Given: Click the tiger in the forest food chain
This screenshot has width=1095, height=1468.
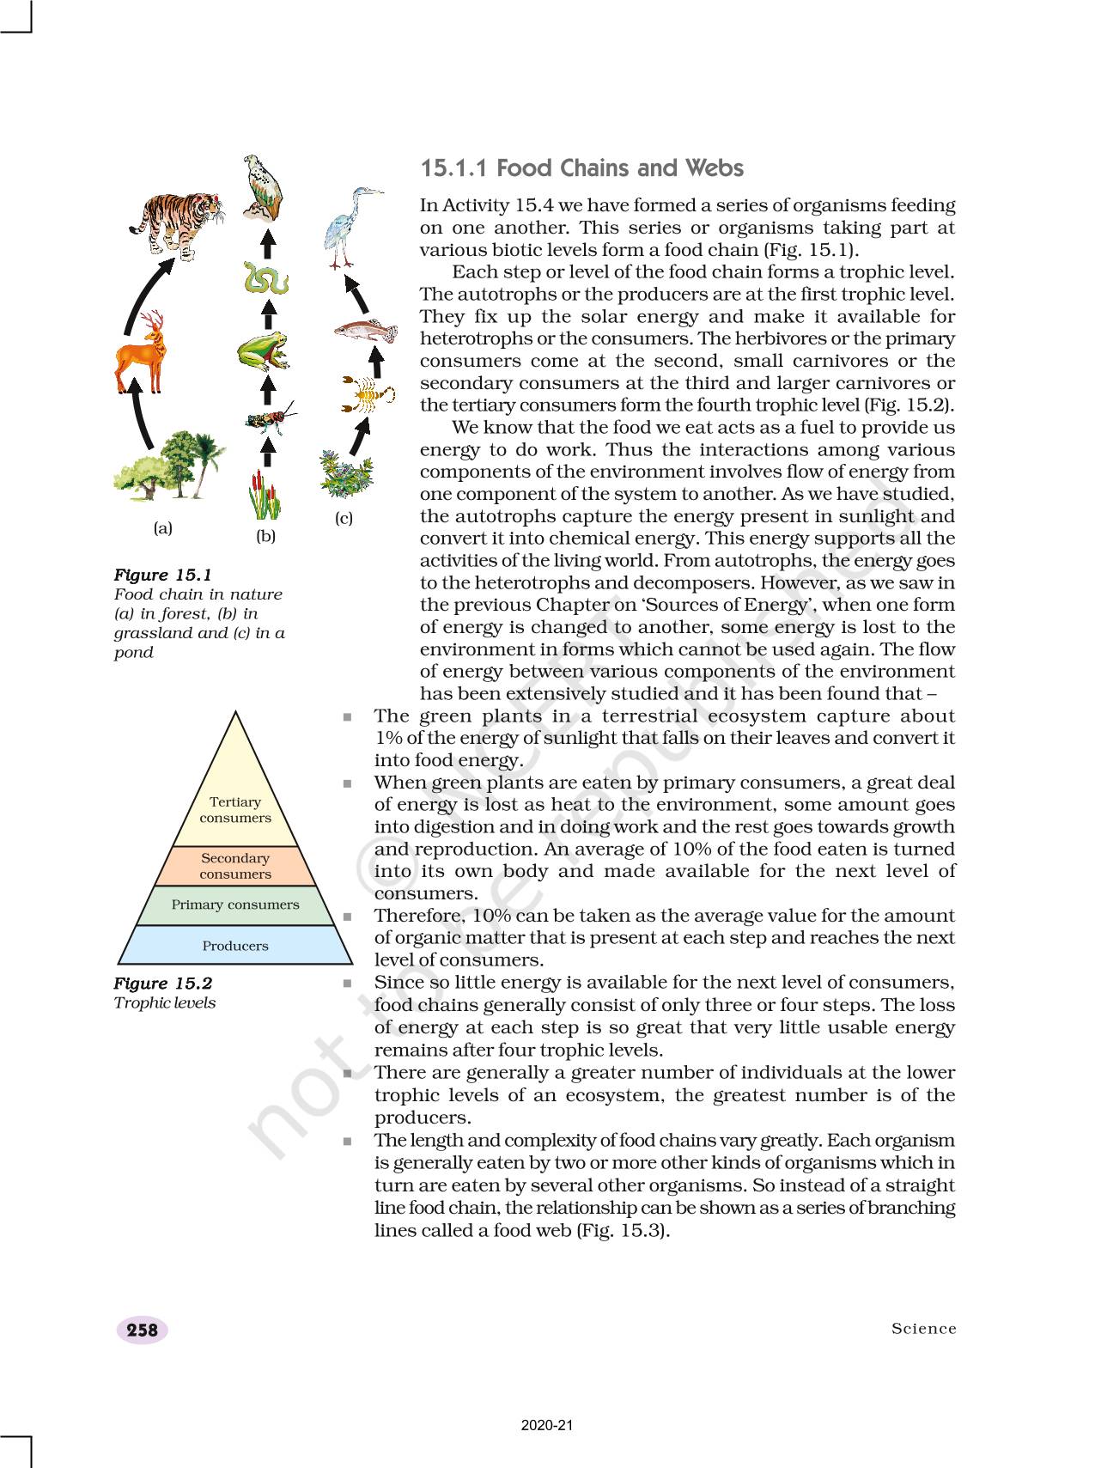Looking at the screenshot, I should coord(179,222).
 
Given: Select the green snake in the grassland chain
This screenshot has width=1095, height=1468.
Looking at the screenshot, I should coord(265,278).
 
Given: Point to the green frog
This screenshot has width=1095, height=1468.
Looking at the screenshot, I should coord(263,350).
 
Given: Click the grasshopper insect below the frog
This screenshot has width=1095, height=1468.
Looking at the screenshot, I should coord(271,418).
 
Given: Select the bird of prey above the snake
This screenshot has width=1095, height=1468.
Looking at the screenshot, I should coord(262,186).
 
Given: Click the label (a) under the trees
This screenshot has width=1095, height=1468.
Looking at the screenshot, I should coord(162,528).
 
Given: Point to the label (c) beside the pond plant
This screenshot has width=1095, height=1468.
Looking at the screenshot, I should coord(344,518).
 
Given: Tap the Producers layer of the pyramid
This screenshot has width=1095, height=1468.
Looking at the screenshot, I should coord(235,946).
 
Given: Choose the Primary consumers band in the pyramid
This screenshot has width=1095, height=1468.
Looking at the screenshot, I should coord(235,905).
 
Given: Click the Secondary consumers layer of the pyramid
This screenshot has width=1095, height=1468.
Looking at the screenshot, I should coord(235,866).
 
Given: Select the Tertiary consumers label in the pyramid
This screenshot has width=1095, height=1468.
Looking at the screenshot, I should coord(235,809).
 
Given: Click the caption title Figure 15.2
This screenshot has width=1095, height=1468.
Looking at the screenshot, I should coord(163,984).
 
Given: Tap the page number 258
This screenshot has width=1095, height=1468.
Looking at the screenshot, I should coord(142,1330).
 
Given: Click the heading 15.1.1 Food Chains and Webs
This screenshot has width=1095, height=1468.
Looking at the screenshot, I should coord(581,168).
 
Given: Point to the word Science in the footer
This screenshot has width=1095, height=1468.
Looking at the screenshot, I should coord(923,1329).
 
